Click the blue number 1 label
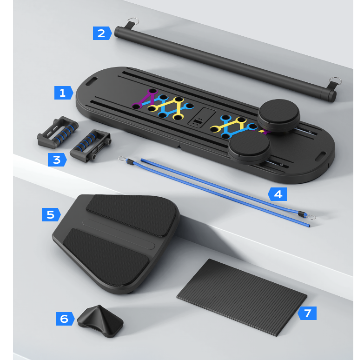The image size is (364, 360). coord(63,93)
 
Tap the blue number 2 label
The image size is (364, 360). coord(102,33)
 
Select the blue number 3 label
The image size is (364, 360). coord(57,160)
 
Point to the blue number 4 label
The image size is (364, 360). coord(278,194)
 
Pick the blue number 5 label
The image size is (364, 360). coord(51,214)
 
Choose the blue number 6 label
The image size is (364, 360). coord(65,319)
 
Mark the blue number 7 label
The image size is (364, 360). coord(307,313)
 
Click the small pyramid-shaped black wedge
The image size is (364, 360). coord(100,321)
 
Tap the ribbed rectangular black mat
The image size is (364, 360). coord(242,297)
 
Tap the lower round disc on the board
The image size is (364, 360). coord(249,147)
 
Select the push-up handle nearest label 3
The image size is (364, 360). coord(90,146)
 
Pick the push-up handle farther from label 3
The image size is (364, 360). coord(58,132)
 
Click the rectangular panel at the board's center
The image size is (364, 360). coord(201,117)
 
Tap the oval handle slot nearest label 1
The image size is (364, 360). coord(92,82)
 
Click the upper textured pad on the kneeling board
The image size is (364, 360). coord(132,215)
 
